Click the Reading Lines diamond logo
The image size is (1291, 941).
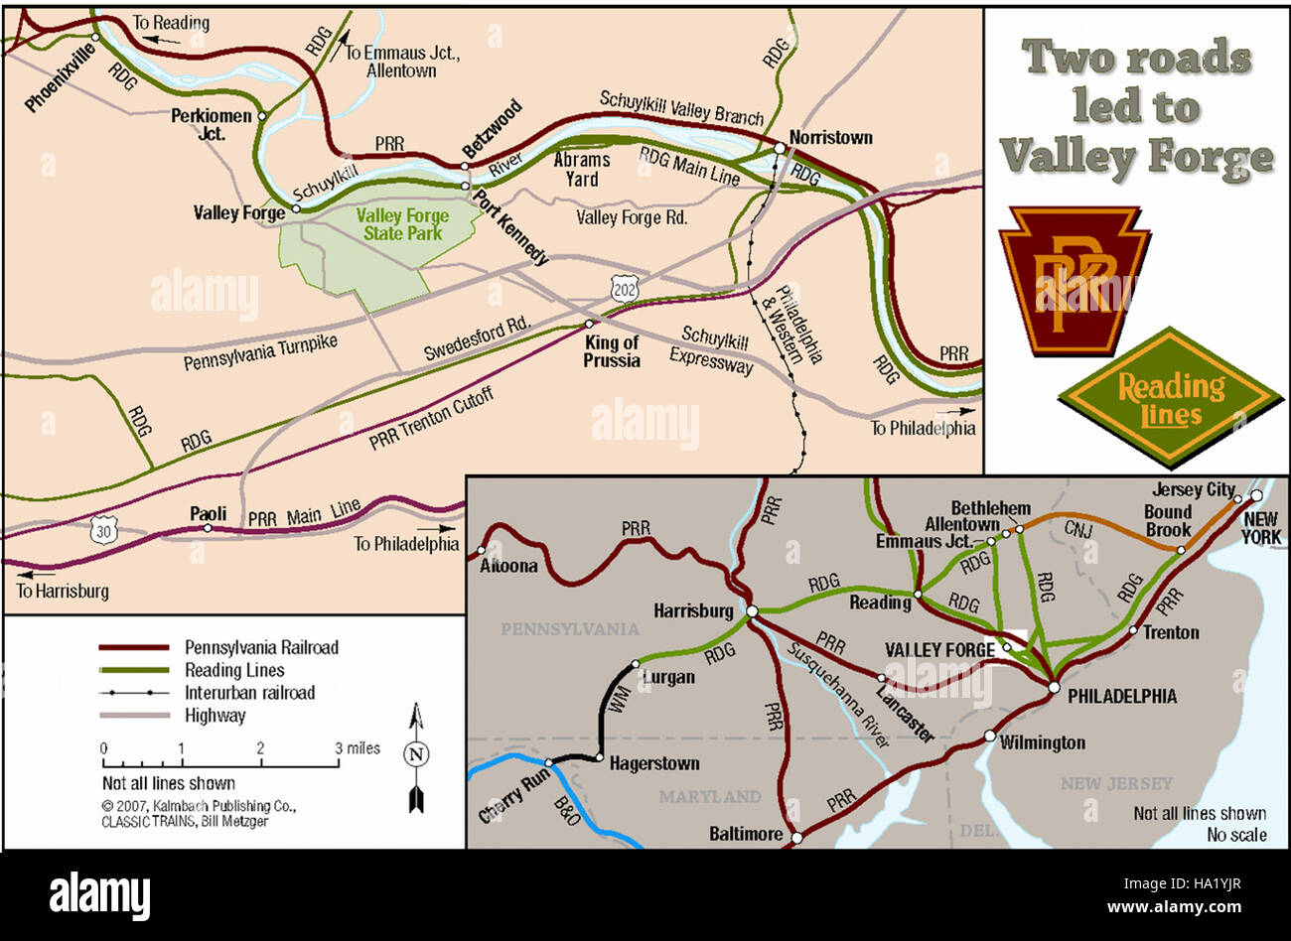[1171, 398]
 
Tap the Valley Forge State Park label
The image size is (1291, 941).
[402, 224]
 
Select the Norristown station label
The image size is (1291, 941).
[830, 137]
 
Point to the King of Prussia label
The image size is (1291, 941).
[612, 351]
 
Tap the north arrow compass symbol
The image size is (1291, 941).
[416, 754]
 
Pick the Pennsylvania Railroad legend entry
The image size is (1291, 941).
[261, 647]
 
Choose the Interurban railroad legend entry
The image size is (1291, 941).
[249, 693]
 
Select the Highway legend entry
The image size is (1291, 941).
[215, 716]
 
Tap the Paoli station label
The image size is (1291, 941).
[209, 513]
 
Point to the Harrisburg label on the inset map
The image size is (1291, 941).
[693, 610]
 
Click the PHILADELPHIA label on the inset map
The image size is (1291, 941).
[1121, 696]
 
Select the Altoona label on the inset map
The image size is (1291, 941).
[508, 566]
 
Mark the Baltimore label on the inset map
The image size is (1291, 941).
[746, 834]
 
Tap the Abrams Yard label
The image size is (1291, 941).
[582, 169]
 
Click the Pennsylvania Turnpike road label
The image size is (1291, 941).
[260, 352]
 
